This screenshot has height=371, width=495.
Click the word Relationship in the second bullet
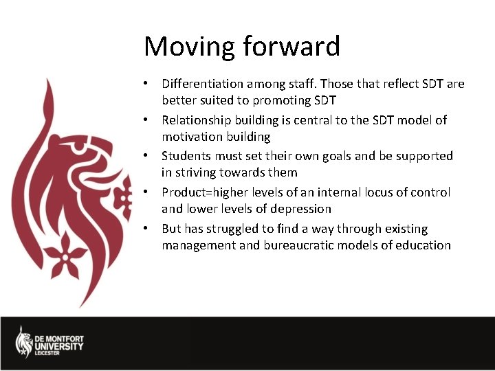point(197,120)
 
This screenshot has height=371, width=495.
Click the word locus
point(373,192)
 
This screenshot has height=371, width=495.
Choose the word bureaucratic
point(300,245)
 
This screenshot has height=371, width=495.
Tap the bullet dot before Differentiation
point(146,84)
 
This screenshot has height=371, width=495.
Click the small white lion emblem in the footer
point(24,342)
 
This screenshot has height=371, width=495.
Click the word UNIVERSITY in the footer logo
point(60,346)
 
